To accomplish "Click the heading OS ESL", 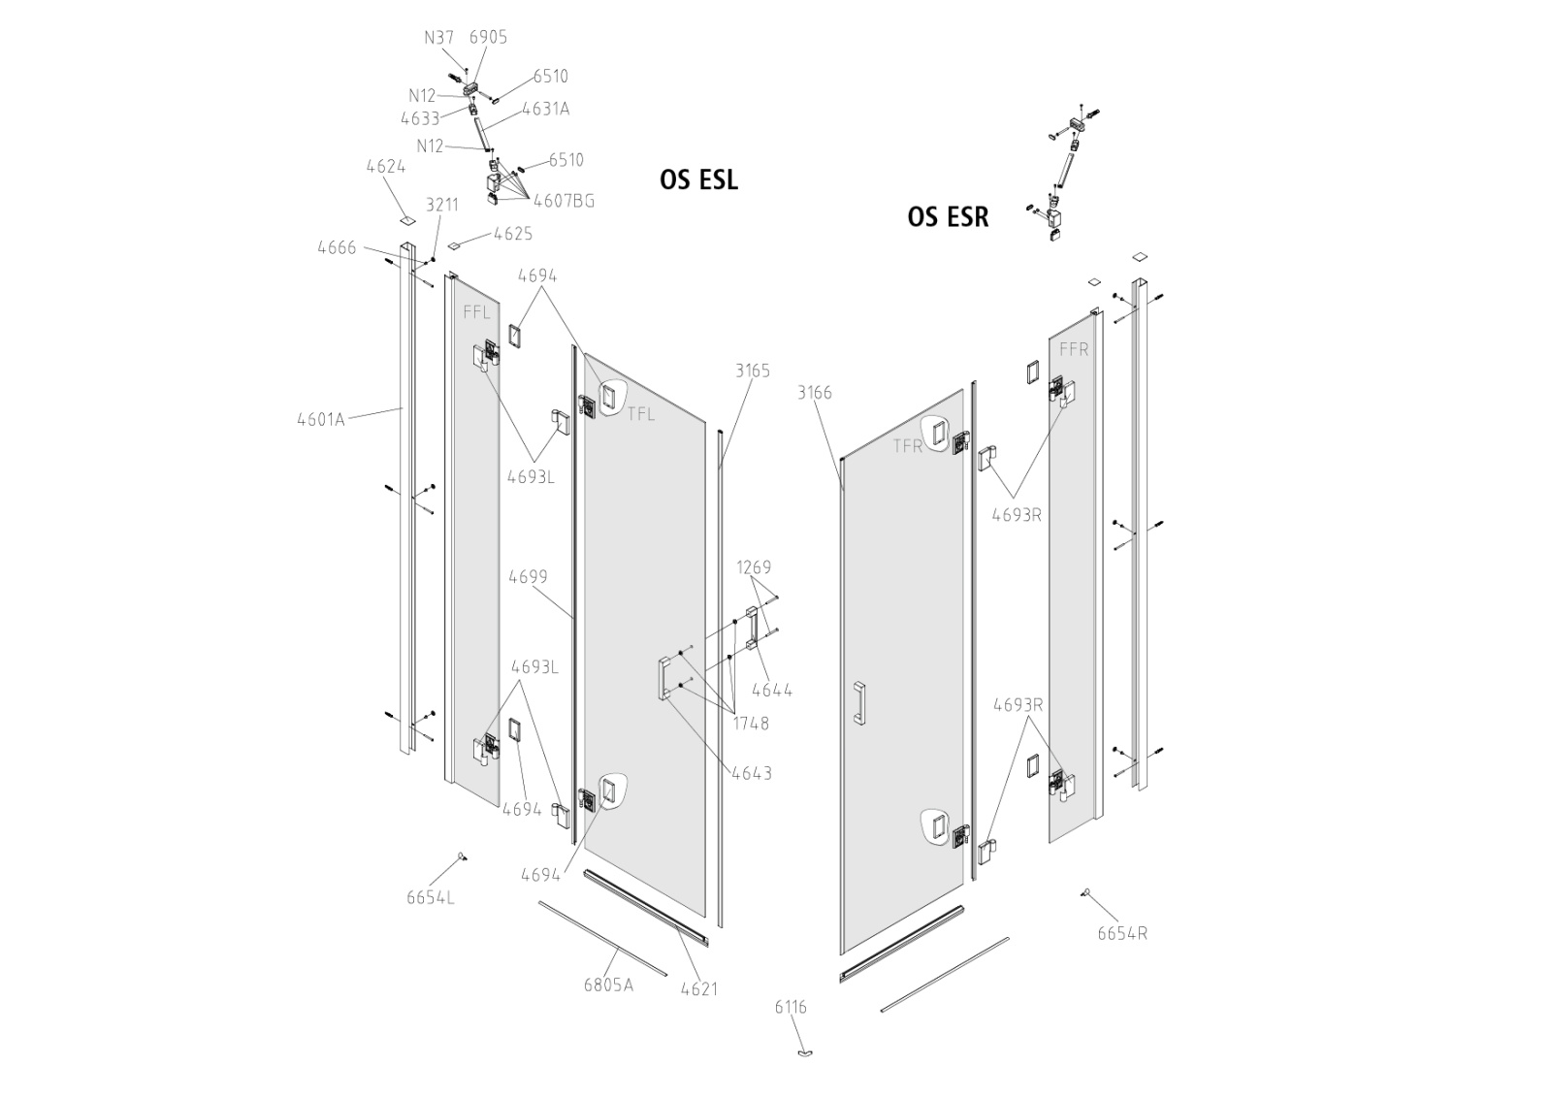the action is [x=698, y=179].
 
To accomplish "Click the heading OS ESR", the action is [x=948, y=217].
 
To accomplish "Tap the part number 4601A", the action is [x=321, y=419].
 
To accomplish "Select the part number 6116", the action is [x=791, y=1007].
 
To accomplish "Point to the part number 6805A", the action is [x=608, y=985].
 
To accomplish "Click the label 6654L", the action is [x=431, y=897].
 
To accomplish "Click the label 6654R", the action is [x=1122, y=933].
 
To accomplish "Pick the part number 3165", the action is [x=753, y=371].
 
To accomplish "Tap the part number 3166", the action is [x=814, y=393].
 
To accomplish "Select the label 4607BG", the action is [x=564, y=201].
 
